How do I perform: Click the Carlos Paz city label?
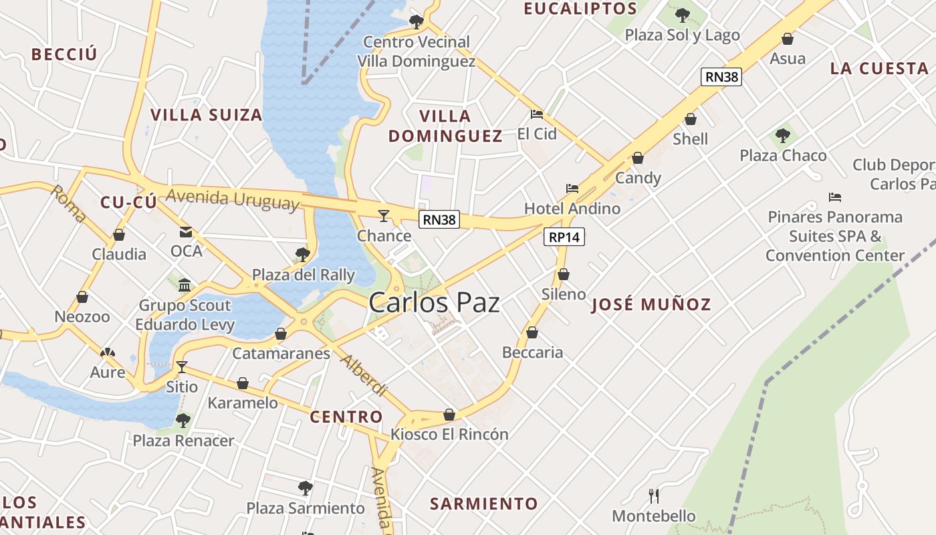click(x=434, y=303)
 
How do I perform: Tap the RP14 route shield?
click(x=565, y=237)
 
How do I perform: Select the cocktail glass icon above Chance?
click(x=384, y=215)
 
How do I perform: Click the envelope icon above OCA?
click(x=185, y=232)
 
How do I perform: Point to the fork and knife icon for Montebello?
click(x=654, y=496)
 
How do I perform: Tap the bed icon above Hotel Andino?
click(x=572, y=189)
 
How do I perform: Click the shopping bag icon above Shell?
click(x=691, y=120)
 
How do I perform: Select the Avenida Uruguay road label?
click(x=232, y=200)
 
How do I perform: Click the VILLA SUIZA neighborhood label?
click(x=207, y=115)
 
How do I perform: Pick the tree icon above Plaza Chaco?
click(x=782, y=136)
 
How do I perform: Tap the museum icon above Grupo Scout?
click(x=185, y=286)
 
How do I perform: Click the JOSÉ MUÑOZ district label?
click(x=651, y=305)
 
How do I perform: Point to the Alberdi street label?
click(x=364, y=375)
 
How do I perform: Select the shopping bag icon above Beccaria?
click(x=532, y=332)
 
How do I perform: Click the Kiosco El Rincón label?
click(x=449, y=435)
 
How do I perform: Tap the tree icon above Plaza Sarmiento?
click(x=305, y=488)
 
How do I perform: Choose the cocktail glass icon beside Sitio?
click(x=181, y=367)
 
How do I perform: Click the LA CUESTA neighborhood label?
click(x=879, y=68)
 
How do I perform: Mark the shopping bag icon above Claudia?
click(x=119, y=235)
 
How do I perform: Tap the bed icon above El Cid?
click(x=536, y=114)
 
